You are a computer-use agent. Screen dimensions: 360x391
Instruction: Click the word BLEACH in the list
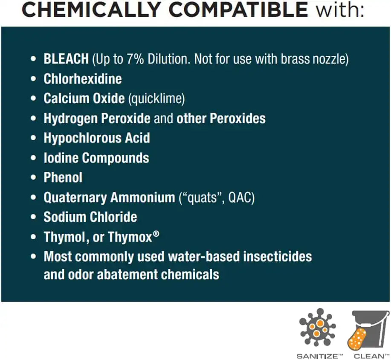point(66,59)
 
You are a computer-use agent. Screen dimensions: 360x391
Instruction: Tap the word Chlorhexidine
point(83,79)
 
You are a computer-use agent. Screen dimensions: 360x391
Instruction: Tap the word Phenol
point(63,177)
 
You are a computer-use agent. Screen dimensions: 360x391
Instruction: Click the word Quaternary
point(75,198)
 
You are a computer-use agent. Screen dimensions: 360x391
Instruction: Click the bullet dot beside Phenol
point(33,178)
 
